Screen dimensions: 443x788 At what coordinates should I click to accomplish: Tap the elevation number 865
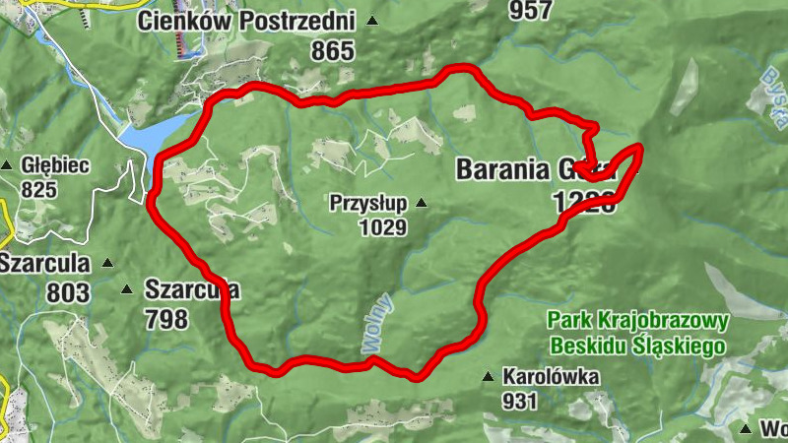[333, 50]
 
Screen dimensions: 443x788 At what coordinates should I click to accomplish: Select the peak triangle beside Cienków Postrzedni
[371, 21]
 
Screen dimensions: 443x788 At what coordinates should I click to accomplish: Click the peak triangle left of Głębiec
[8, 165]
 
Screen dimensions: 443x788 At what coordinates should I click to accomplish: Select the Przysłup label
[370, 204]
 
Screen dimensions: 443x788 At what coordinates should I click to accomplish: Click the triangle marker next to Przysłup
[422, 204]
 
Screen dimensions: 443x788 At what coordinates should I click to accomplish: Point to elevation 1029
[382, 227]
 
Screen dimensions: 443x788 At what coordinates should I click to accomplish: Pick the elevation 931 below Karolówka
[519, 401]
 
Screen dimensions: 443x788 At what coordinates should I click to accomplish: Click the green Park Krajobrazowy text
[637, 321]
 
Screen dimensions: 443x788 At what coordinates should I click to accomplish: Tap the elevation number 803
[67, 292]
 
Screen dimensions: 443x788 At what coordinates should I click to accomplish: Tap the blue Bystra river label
[773, 90]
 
